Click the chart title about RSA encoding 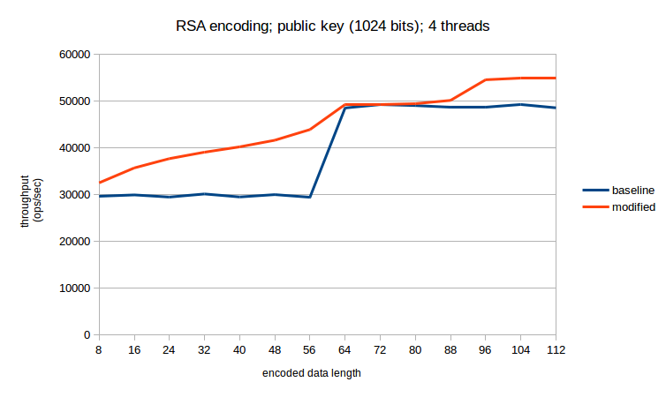[x=332, y=26]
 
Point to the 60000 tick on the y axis [x=74, y=55]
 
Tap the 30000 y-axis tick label [x=74, y=195]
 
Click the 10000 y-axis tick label [x=74, y=288]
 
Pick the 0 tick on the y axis [x=87, y=335]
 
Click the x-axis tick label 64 [x=344, y=350]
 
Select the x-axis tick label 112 [x=555, y=350]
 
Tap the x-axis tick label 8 [x=99, y=350]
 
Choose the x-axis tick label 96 [x=485, y=350]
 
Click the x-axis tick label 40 [x=239, y=350]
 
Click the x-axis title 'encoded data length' [x=311, y=373]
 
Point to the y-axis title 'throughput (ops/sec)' [x=31, y=195]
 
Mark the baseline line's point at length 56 [x=309, y=197]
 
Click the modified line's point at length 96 [x=485, y=80]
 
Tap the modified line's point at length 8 [x=99, y=183]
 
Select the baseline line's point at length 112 [x=555, y=108]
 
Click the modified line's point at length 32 [x=204, y=153]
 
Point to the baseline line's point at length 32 [x=204, y=194]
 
